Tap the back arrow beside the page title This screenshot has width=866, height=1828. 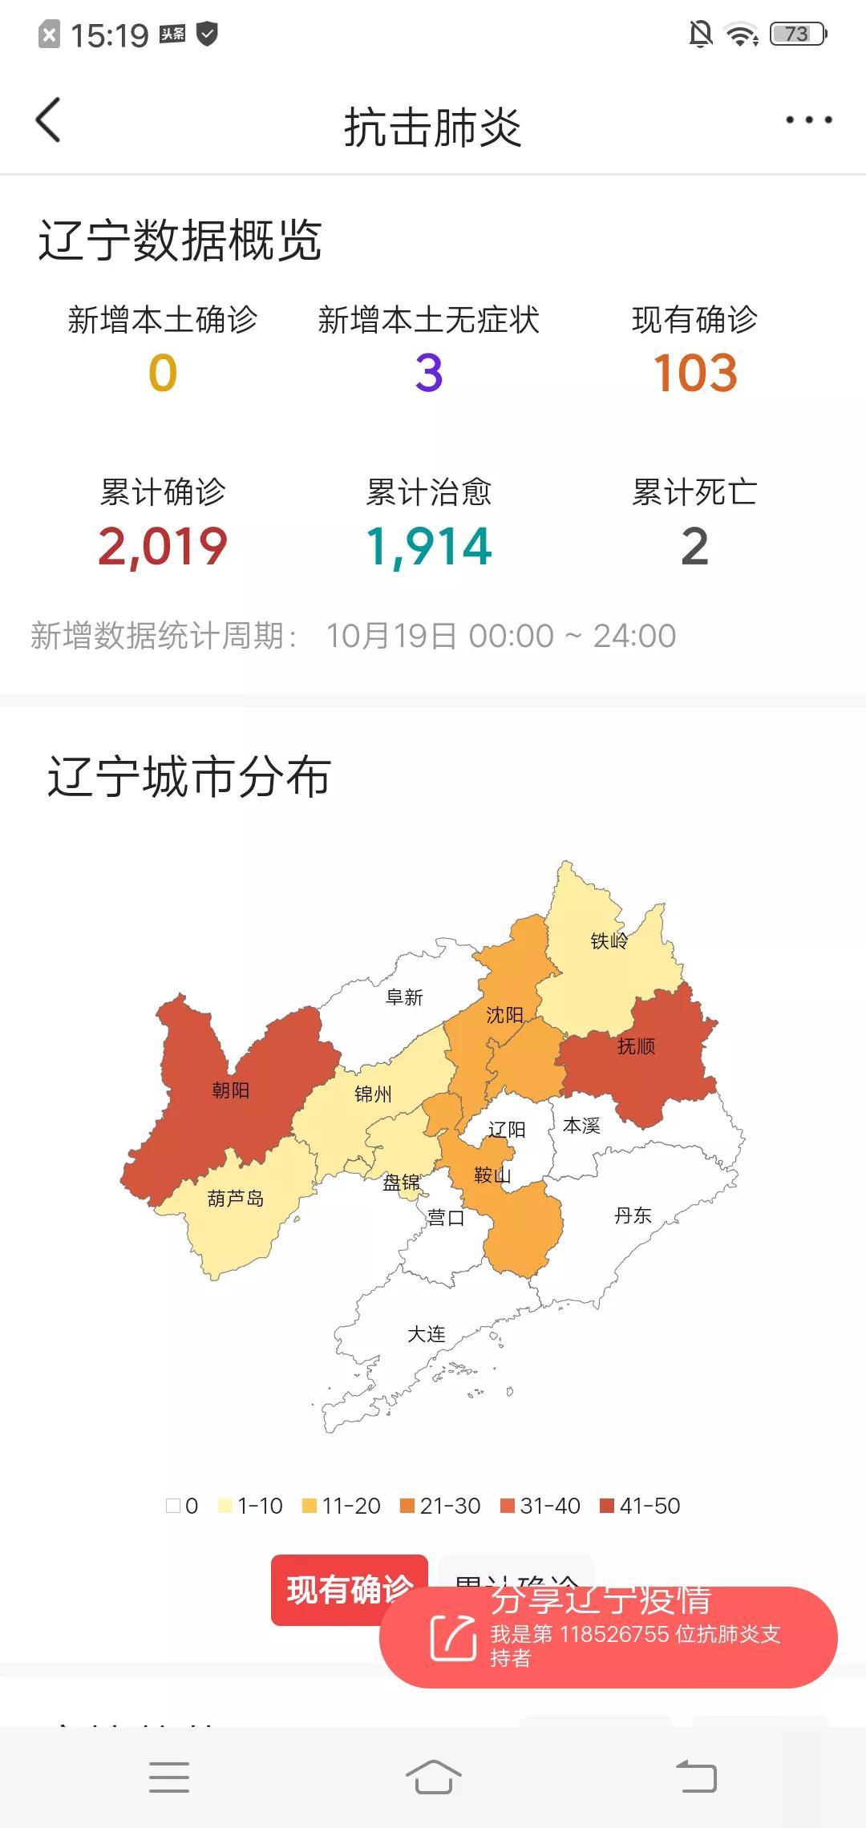[48, 120]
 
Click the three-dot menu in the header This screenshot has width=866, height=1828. [808, 120]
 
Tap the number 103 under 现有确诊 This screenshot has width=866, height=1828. [694, 374]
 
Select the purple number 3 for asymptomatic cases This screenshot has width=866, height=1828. [429, 374]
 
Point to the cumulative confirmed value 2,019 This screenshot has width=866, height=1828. [163, 547]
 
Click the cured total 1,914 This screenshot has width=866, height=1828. [429, 547]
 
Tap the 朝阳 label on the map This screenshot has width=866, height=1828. [231, 1090]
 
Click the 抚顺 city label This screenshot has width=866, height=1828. [637, 1045]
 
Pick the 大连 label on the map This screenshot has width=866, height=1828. [427, 1334]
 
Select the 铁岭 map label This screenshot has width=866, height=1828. [609, 940]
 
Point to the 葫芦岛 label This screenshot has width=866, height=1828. [235, 1199]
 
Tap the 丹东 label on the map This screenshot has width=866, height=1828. [633, 1215]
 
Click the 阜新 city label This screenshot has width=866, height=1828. [404, 997]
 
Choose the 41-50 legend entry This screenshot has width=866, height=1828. [640, 1506]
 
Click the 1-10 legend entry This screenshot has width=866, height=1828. [250, 1506]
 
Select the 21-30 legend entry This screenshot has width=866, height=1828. [440, 1506]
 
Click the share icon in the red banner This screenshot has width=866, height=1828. [453, 1637]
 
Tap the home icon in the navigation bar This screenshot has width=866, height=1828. [433, 1777]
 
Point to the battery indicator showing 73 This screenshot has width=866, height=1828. [797, 34]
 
